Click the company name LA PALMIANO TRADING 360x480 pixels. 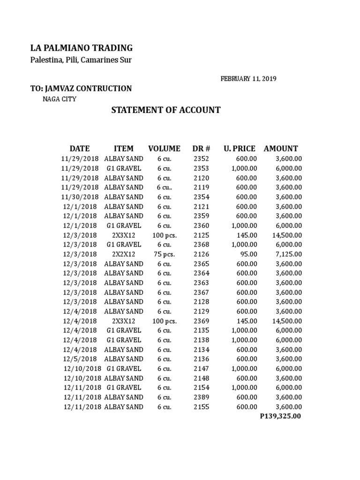(82, 48)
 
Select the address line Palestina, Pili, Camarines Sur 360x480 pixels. (81, 60)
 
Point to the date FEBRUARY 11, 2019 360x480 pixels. (248, 79)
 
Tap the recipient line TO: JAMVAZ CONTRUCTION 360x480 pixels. (81, 89)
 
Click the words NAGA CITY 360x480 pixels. (60, 99)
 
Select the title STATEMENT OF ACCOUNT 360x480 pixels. (165, 110)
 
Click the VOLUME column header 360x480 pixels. (164, 149)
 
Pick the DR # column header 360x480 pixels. (202, 149)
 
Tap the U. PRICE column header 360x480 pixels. (240, 149)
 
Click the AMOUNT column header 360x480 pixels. (281, 149)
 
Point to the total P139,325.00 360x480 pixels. (280, 416)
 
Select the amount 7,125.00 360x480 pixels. (289, 254)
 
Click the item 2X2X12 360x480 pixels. (123, 254)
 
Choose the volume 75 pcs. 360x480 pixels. (164, 254)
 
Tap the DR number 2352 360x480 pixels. (202, 158)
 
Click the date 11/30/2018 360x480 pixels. (80, 197)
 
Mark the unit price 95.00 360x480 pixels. (248, 254)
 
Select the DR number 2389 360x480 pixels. (202, 397)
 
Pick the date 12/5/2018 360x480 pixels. (80, 359)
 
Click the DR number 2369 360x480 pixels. (202, 321)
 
